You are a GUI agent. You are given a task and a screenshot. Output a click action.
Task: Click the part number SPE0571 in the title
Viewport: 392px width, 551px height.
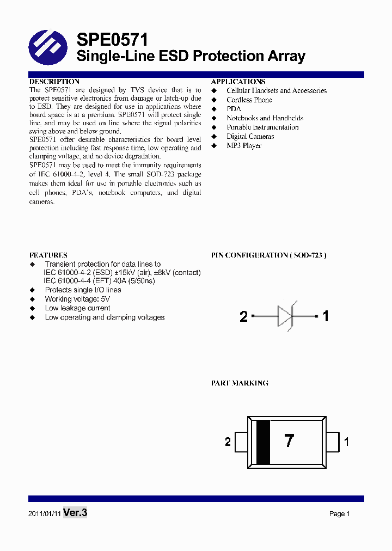tap(112, 40)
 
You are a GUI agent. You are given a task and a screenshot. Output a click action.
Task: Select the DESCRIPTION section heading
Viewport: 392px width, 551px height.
tap(54, 81)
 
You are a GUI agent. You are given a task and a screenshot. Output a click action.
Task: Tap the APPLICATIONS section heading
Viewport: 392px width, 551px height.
tap(238, 81)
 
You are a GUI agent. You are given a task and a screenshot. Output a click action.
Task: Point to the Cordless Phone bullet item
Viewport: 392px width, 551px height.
tap(249, 100)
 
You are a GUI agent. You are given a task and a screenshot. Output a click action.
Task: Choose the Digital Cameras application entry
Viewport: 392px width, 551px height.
tap(250, 137)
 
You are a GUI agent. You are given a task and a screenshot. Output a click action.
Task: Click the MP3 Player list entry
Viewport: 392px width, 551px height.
tap(244, 146)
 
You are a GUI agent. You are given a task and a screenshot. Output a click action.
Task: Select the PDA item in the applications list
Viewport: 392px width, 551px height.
tap(234, 109)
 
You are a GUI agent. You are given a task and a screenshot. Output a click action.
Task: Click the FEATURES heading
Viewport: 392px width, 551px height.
tap(48, 255)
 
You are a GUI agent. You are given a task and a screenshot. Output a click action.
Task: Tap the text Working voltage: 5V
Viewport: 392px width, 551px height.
tap(77, 299)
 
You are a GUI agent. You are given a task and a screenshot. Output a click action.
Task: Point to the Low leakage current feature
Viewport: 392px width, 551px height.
tap(77, 308)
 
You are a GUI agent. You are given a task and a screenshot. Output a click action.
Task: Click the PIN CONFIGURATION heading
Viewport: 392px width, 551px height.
tap(269, 255)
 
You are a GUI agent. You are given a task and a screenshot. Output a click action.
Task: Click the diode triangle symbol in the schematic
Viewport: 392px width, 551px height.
tap(286, 316)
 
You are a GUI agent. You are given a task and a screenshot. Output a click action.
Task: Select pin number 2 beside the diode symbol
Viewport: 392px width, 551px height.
tap(243, 316)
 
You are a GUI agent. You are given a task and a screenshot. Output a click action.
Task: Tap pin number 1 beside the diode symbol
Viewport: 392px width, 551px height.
tap(326, 316)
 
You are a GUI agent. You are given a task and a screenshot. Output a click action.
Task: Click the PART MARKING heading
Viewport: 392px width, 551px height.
tap(240, 383)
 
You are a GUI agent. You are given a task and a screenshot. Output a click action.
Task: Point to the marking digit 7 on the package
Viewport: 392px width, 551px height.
tap(289, 442)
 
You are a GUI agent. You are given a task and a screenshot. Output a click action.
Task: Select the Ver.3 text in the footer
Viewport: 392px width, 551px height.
tap(75, 512)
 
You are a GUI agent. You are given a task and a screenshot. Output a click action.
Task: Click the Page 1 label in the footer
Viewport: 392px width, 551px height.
tap(339, 514)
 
